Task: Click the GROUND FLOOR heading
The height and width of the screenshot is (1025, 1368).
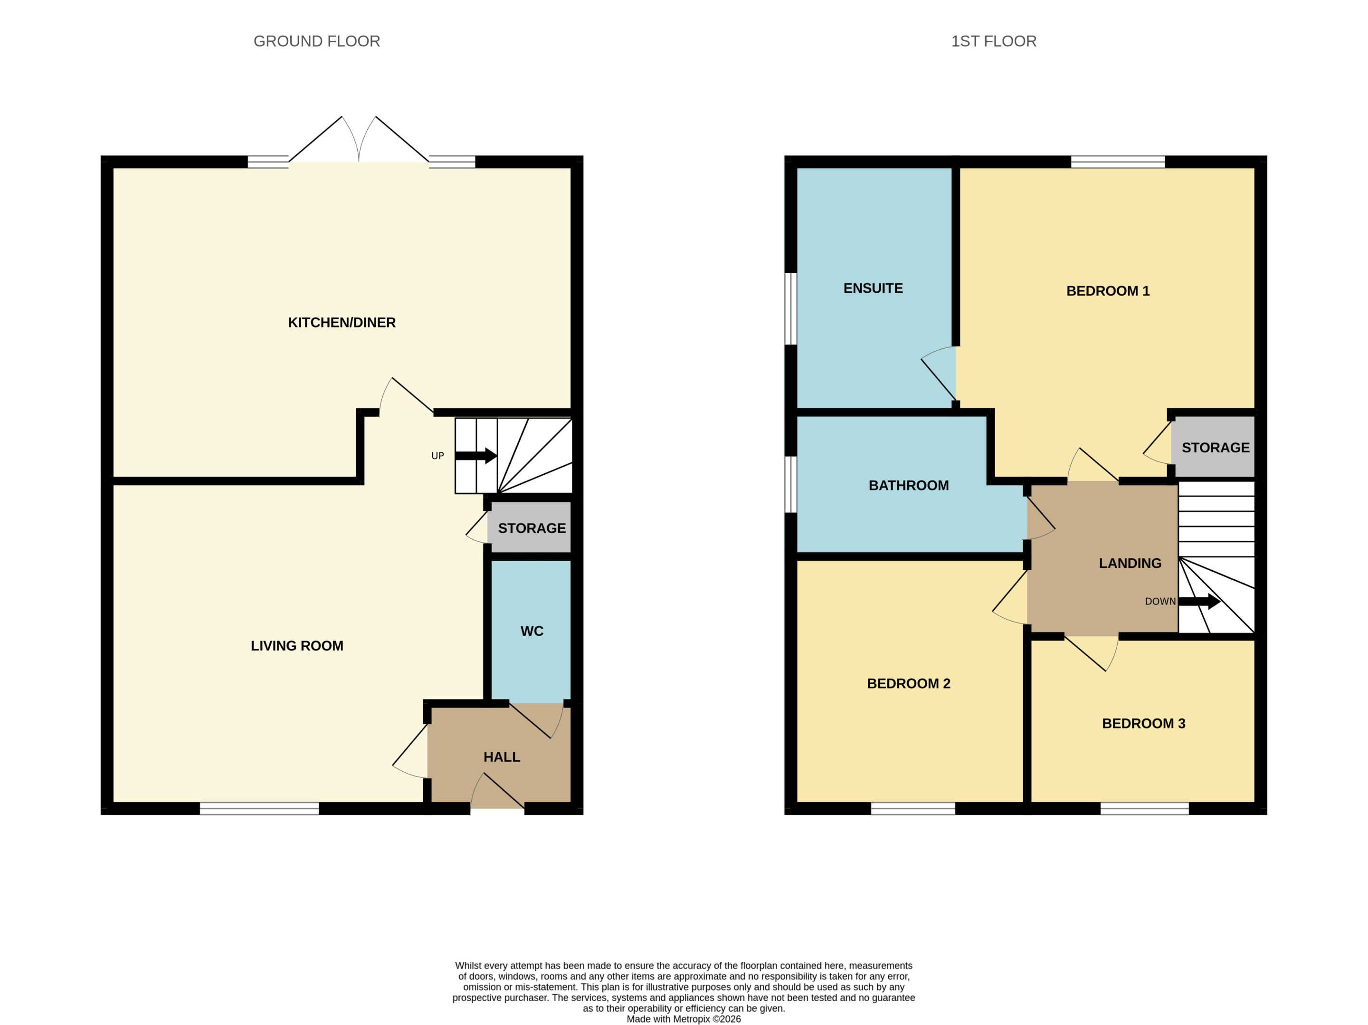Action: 317,41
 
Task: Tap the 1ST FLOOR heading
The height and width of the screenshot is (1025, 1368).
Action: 993,41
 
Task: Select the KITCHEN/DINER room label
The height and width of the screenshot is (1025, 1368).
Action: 342,322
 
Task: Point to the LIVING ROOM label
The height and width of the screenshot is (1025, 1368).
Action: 297,646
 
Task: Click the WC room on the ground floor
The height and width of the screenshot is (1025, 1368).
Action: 531,631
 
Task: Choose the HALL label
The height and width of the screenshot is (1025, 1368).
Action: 502,757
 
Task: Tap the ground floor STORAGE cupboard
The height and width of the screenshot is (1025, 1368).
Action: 531,527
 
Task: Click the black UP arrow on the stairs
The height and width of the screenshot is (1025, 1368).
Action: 475,456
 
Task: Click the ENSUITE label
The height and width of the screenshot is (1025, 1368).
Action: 873,288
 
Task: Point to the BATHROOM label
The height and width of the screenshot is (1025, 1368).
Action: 909,486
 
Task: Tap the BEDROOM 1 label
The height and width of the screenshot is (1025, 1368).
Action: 1108,291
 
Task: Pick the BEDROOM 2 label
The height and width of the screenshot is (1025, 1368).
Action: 909,683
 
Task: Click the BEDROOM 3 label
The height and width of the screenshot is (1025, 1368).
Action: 1143,724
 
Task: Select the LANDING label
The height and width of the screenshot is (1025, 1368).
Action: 1130,564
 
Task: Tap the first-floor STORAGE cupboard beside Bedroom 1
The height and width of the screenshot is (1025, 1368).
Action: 1214,447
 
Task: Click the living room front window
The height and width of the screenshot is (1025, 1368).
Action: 259,808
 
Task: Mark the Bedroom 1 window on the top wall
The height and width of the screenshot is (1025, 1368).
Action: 1118,162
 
